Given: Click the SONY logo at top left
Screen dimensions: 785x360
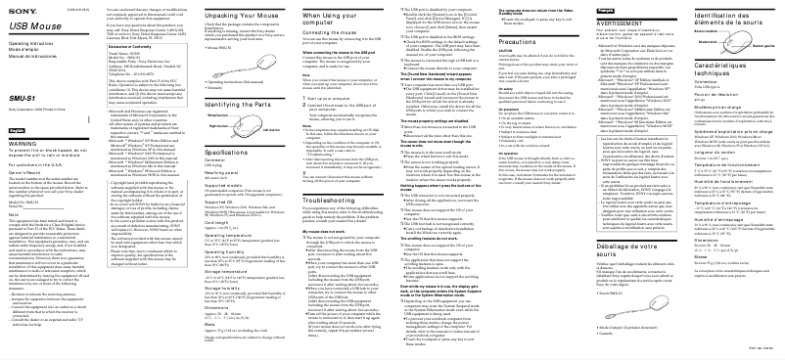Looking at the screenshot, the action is tap(19, 7).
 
